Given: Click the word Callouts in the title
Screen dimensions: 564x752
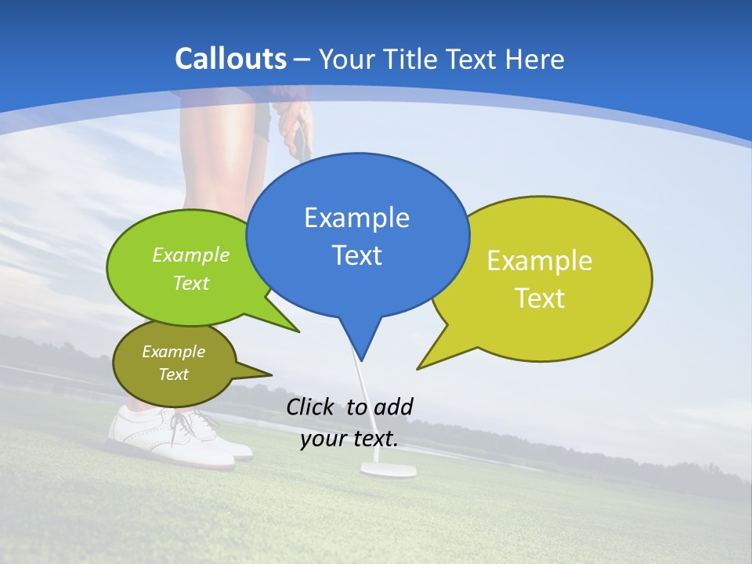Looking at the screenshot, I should click(231, 59).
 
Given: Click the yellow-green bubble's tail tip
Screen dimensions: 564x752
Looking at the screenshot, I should click(418, 369).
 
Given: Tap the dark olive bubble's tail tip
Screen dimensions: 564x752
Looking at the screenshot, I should click(271, 375).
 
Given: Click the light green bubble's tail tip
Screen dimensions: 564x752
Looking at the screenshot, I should click(298, 332).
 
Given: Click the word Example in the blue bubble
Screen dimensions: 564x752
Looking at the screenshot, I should click(356, 218).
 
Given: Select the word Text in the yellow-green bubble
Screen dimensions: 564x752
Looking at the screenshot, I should click(540, 298).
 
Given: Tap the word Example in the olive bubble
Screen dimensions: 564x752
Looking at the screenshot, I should click(173, 352).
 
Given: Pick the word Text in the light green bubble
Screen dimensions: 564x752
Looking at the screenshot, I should click(191, 283).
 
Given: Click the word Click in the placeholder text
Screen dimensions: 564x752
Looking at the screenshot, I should click(312, 407).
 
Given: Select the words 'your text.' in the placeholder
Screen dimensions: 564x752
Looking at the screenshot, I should click(349, 439).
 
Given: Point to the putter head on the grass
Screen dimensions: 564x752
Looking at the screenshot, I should click(388, 469).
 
